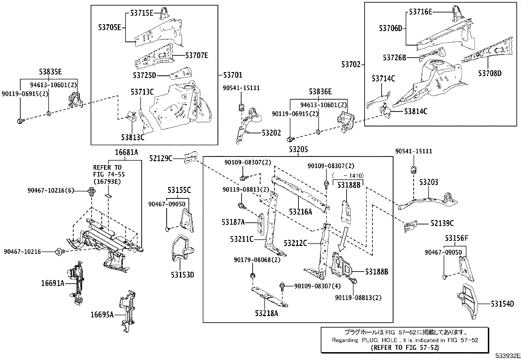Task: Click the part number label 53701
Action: click(233, 75)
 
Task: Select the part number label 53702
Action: click(351, 65)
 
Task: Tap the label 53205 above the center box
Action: click(298, 150)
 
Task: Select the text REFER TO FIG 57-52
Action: click(405, 348)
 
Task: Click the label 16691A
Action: click(53, 283)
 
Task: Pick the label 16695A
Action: click(102, 315)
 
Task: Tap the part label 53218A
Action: click(267, 313)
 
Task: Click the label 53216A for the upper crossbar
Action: click(300, 212)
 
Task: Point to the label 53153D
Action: click(182, 275)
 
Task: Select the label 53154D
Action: click(502, 304)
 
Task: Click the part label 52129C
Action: click(161, 158)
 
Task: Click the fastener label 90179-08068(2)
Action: click(257, 260)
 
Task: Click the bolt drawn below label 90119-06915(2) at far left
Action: click(20, 122)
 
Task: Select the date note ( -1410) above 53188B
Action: click(348, 176)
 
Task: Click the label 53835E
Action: click(50, 72)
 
